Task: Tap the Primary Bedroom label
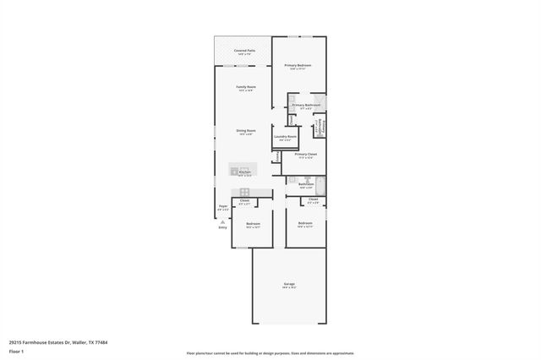click(x=298, y=65)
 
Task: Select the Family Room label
click(x=246, y=87)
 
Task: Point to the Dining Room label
click(x=246, y=130)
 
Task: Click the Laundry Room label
click(x=285, y=137)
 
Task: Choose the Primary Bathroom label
click(x=306, y=105)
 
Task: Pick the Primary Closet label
click(x=305, y=155)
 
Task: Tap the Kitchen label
click(x=244, y=172)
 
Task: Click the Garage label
click(x=288, y=284)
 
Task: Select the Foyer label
click(x=223, y=206)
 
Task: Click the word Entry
click(x=223, y=227)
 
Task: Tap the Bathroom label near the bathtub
click(x=306, y=183)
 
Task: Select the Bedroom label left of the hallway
click(x=253, y=223)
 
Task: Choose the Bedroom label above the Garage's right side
click(x=305, y=223)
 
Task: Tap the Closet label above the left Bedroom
click(x=244, y=200)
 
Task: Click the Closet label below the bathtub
click(x=313, y=199)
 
